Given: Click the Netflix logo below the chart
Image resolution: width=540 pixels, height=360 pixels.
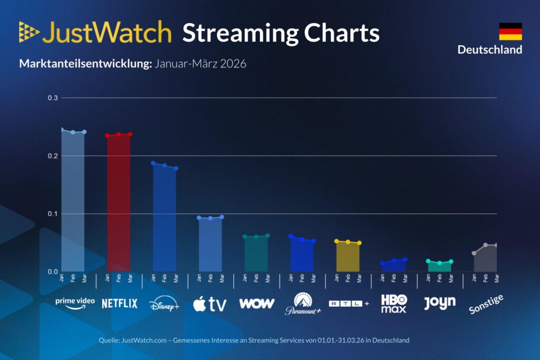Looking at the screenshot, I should (119, 304).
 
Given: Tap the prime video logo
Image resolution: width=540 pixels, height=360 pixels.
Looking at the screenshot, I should (75, 303).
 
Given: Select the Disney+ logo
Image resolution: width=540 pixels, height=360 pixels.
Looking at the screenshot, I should (164, 304).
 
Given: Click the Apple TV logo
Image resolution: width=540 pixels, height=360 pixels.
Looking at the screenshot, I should (209, 304).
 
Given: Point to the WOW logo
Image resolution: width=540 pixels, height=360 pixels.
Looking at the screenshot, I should (256, 303).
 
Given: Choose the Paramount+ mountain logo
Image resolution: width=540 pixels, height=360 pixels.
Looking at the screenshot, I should (303, 304).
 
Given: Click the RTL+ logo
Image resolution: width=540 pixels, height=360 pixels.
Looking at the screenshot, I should (349, 304).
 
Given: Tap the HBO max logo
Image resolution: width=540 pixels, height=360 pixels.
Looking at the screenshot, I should (394, 304).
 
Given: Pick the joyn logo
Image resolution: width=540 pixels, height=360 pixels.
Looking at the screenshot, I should (439, 303).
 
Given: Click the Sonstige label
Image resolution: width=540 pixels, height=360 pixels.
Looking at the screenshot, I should (486, 304).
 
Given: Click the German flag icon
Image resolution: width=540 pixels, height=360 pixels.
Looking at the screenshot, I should (510, 32).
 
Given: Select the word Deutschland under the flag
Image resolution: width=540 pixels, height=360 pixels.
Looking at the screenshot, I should (489, 50).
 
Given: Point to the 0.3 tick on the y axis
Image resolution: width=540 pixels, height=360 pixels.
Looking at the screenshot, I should (53, 98).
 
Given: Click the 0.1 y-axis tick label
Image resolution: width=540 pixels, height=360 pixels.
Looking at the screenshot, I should (53, 214).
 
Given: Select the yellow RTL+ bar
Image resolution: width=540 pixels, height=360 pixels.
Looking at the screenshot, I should (348, 257).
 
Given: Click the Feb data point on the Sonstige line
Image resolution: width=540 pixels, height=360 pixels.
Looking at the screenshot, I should (486, 245).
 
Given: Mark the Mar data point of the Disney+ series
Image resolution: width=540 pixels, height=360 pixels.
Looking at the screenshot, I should (176, 169).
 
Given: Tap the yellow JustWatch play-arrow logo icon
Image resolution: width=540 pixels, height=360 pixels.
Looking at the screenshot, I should (29, 32).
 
